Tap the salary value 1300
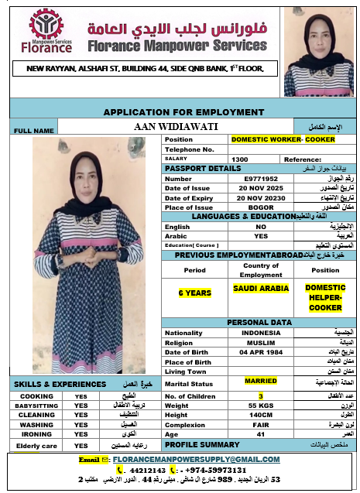coord(240,159)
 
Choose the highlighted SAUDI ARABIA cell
coord(261,288)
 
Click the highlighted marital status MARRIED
coord(261,381)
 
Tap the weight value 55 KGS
coord(261,406)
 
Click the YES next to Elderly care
coord(81,447)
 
